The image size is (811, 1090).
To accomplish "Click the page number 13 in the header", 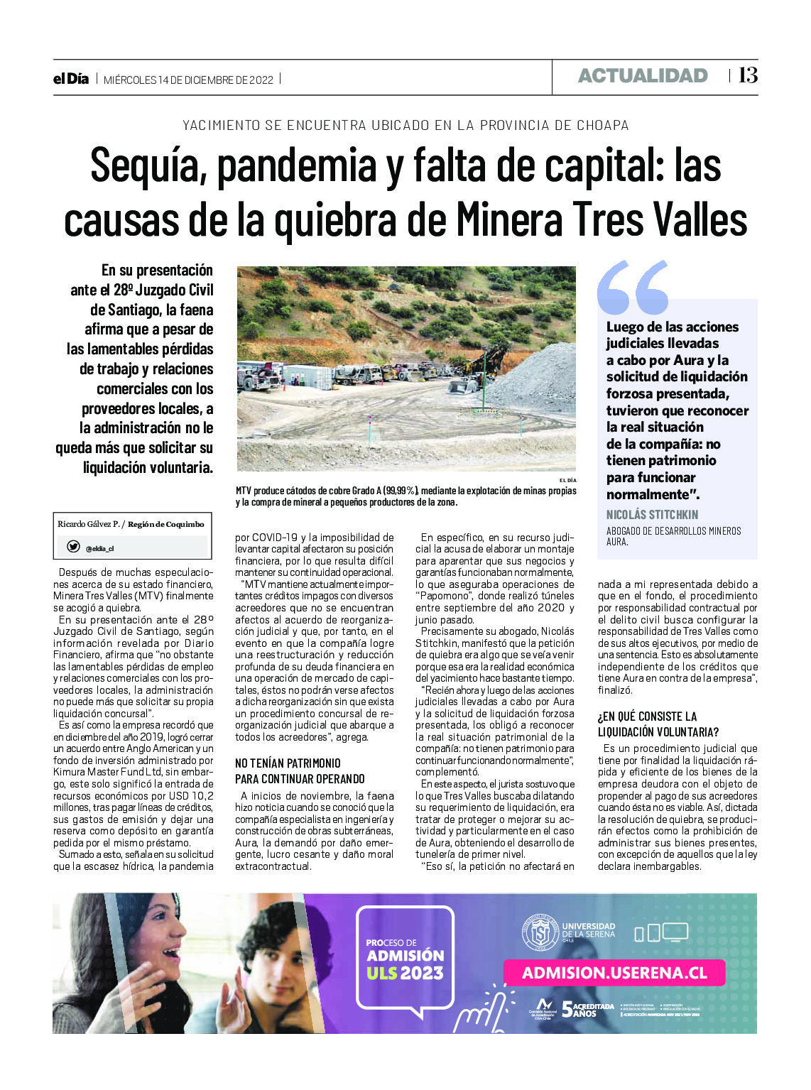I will [748, 75].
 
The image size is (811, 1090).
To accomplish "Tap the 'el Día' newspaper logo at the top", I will [71, 79].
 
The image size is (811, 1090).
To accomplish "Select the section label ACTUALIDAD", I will [643, 76].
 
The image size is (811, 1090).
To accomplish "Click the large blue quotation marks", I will [633, 288].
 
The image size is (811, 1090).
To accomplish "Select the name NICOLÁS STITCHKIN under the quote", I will [652, 515].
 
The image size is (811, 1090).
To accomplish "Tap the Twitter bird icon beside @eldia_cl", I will [73, 547].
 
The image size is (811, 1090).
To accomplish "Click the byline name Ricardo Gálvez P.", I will [89, 524].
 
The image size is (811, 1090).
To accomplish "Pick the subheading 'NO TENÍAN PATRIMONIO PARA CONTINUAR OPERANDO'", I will [300, 771].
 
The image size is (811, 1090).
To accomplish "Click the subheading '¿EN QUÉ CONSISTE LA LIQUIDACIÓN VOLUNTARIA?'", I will [658, 724].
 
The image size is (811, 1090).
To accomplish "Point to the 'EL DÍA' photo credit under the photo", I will [567, 481].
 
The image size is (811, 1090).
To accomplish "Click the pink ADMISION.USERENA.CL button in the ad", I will [614, 973].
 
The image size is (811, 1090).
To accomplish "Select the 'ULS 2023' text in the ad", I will [405, 974].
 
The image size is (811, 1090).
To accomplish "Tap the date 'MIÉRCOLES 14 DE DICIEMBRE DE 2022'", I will [188, 80].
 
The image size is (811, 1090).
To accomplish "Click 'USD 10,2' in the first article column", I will [191, 796].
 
